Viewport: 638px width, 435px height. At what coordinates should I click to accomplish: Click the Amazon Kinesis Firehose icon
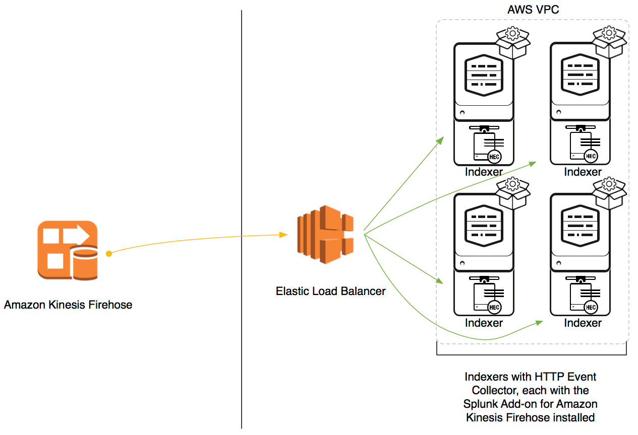pyautogui.click(x=67, y=250)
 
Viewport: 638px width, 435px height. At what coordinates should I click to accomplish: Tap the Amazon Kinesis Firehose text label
pyautogui.click(x=68, y=305)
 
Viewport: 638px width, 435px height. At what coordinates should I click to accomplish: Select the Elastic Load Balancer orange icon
pyautogui.click(x=325, y=234)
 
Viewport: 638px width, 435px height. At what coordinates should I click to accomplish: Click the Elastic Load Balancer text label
pyautogui.click(x=330, y=291)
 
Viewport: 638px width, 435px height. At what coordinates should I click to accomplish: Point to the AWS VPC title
pyautogui.click(x=533, y=10)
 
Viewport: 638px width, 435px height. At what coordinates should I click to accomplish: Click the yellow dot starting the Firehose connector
pyautogui.click(x=108, y=254)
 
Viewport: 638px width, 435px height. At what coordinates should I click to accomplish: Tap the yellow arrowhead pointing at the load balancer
pyautogui.click(x=283, y=235)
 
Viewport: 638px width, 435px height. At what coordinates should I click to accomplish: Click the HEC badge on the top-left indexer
pyautogui.click(x=495, y=157)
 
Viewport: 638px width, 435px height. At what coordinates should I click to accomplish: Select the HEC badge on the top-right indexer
pyautogui.click(x=591, y=157)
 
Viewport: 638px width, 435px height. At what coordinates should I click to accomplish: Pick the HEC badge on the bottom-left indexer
pyautogui.click(x=495, y=308)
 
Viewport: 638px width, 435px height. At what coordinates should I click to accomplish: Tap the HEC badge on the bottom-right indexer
pyautogui.click(x=591, y=308)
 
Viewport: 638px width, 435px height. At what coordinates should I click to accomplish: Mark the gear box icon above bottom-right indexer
pyautogui.click(x=609, y=193)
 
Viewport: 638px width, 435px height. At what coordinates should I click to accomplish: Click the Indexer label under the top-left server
pyautogui.click(x=484, y=172)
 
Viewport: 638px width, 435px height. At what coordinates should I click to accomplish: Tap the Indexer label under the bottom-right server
pyautogui.click(x=583, y=323)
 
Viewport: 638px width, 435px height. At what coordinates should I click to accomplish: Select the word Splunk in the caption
pyautogui.click(x=480, y=404)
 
